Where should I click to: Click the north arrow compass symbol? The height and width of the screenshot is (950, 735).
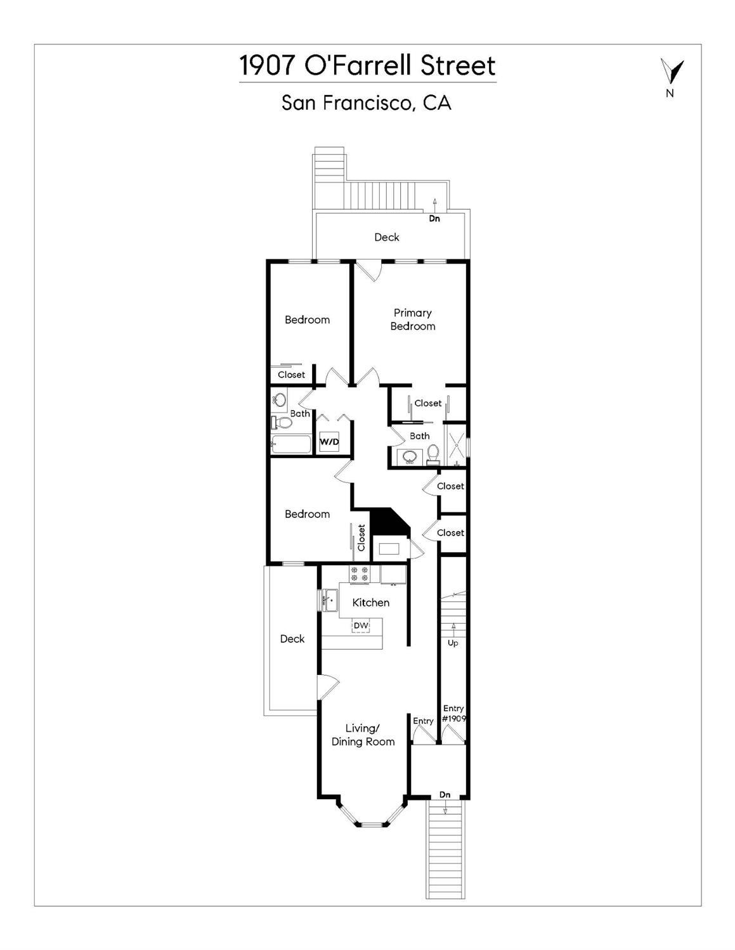pyautogui.click(x=671, y=71)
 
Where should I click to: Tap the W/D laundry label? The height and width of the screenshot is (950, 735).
pyautogui.click(x=329, y=442)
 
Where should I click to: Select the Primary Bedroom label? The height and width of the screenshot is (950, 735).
pyautogui.click(x=413, y=319)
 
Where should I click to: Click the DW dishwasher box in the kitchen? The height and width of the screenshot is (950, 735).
pyautogui.click(x=361, y=626)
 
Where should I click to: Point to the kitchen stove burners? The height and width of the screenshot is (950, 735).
pyautogui.click(x=359, y=574)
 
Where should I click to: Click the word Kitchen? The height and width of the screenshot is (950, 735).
pyautogui.click(x=370, y=603)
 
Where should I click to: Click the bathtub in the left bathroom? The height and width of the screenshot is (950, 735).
pyautogui.click(x=291, y=445)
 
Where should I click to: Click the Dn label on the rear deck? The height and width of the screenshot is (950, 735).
pyautogui.click(x=434, y=219)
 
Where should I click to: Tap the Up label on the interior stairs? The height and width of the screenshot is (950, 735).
pyautogui.click(x=453, y=643)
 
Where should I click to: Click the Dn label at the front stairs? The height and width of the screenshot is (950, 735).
pyautogui.click(x=445, y=794)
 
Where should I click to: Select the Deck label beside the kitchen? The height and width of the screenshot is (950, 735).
pyautogui.click(x=292, y=639)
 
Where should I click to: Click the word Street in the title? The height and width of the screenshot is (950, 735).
pyautogui.click(x=458, y=65)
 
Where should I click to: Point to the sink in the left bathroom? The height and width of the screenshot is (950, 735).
pyautogui.click(x=279, y=399)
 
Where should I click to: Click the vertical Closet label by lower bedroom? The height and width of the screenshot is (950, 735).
pyautogui.click(x=361, y=537)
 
